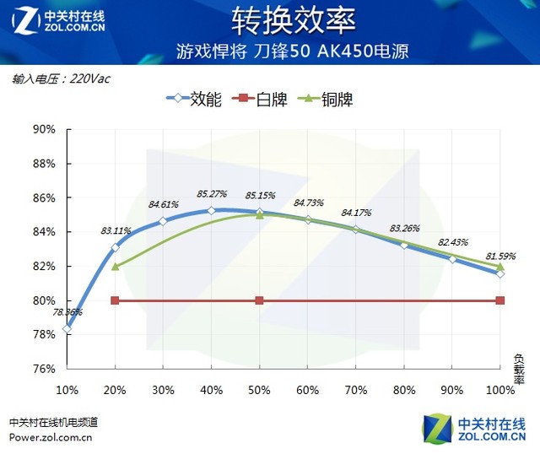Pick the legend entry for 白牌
[271, 100]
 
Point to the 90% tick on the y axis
[43, 129]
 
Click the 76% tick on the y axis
[43, 369]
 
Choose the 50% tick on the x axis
[260, 390]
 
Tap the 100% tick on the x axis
[499, 390]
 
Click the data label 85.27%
[213, 194]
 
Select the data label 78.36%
[67, 312]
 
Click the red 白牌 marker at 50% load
[260, 300]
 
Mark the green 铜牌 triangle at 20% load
[116, 266]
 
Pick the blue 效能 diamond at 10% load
[67, 328]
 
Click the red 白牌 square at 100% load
[500, 300]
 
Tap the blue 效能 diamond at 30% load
[164, 221]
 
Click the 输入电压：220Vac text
[61, 78]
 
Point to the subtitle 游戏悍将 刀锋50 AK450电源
[293, 51]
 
